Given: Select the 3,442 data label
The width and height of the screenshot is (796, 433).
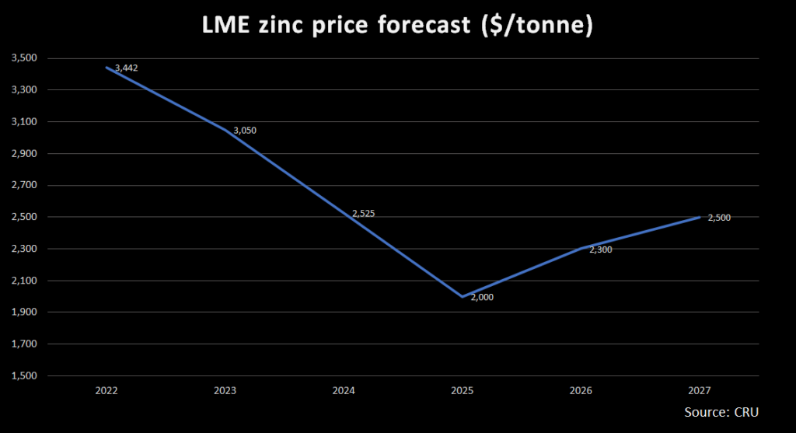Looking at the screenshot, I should coord(127,68).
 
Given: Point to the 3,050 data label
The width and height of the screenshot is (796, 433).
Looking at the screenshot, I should coord(245,131).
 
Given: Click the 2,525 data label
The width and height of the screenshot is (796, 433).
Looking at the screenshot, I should coord(364,213).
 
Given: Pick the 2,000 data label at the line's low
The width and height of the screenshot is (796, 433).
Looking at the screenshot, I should coord(482,298).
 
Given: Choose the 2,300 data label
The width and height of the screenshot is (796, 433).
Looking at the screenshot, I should coord(601,250).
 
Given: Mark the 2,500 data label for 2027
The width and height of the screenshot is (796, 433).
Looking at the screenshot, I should coord(719,218).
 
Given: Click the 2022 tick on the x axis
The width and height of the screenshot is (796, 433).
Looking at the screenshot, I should coord(106,390).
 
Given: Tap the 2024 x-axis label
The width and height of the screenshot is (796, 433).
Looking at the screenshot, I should coord(344,390).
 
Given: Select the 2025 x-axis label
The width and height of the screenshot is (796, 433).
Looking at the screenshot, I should coord(462,390).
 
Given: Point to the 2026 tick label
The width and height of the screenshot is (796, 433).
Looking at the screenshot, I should coord(581,390).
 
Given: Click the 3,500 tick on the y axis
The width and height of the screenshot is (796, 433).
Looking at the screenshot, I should coord(24,58).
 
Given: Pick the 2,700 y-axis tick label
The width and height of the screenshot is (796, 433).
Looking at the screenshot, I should coord(24,185).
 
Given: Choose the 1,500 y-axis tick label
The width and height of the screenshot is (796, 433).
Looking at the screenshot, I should coord(24,375).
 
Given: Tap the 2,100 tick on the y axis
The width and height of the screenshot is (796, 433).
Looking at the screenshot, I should coord(24,281).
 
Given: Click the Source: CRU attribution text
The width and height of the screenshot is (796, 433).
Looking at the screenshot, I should coord(721,412).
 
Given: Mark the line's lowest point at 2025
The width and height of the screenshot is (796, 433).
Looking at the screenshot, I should coord(463,296).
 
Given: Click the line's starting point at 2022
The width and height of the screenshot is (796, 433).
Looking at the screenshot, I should coord(107,68).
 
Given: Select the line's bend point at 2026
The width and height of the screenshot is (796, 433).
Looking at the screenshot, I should coord(581,249).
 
